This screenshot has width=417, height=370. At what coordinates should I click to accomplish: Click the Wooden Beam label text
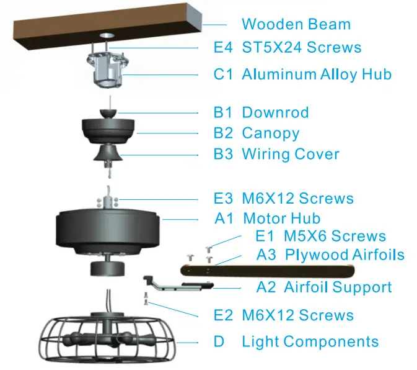click(x=296, y=25)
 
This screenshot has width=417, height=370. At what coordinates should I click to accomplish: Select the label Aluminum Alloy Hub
click(x=316, y=74)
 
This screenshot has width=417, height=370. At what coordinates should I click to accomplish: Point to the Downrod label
click(x=275, y=113)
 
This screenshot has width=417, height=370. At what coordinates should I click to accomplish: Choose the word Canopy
click(x=271, y=133)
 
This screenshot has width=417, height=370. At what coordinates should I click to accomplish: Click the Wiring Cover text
click(x=290, y=154)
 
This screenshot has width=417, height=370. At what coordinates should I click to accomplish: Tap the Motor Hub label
click(x=281, y=219)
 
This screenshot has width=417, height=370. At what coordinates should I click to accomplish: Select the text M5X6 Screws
click(x=335, y=237)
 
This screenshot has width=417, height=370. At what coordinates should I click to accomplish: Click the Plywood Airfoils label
click(x=345, y=255)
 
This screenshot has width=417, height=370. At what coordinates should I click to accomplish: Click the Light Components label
click(x=310, y=341)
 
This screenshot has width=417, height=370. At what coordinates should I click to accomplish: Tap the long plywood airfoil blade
click(x=266, y=271)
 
